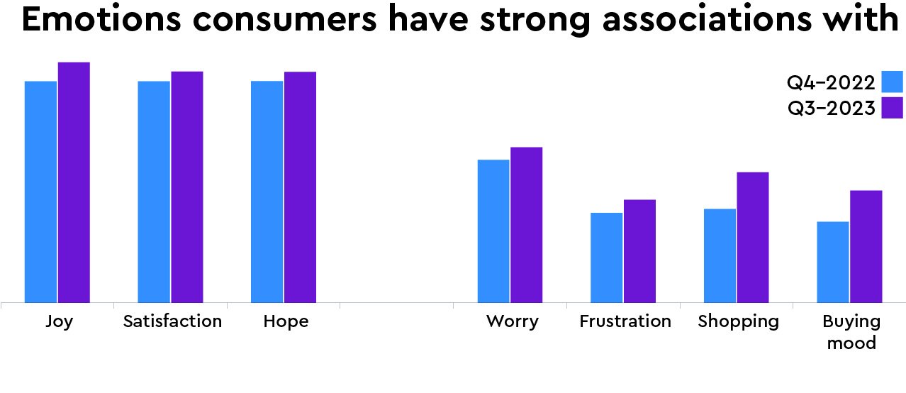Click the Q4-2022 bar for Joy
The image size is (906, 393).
click(x=40, y=192)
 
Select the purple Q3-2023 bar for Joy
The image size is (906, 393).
click(x=74, y=182)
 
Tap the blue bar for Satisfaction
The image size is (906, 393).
click(x=154, y=192)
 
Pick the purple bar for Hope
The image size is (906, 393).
click(x=300, y=187)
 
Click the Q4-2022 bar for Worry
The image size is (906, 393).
click(x=493, y=231)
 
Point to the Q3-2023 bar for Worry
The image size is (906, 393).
click(x=527, y=225)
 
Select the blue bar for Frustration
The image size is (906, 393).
click(x=607, y=258)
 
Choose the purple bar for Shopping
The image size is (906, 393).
click(x=753, y=237)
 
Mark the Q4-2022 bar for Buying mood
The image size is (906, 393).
click(x=833, y=262)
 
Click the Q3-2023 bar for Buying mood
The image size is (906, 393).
click(x=866, y=246)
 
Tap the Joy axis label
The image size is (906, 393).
click(x=59, y=321)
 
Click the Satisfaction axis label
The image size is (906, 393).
click(x=172, y=321)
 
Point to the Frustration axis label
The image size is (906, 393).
click(x=625, y=321)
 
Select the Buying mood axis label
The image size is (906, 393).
click(x=851, y=332)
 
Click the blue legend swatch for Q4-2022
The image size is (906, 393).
click(x=893, y=82)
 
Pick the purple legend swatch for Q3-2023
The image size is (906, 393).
click(x=893, y=108)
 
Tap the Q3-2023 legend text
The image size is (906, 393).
click(x=831, y=109)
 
